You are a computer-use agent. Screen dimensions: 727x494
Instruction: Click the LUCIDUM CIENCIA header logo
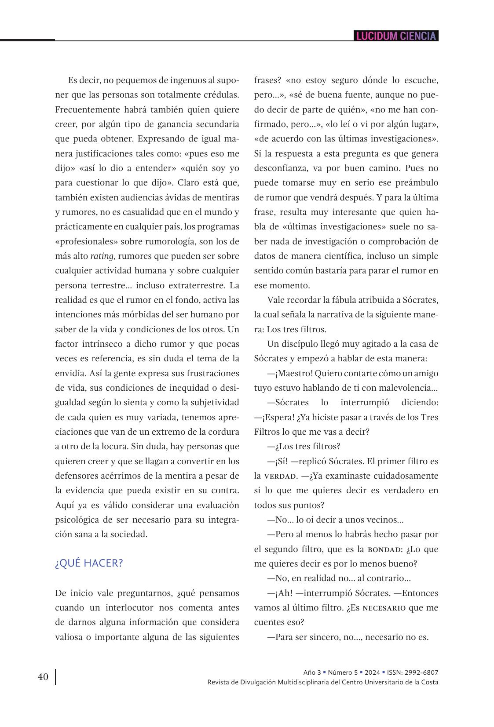[396, 36]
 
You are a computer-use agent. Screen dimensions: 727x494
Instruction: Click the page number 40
[43, 677]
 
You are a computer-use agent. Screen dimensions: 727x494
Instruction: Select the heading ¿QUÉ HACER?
[89, 563]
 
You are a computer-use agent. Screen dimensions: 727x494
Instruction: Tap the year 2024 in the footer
[372, 672]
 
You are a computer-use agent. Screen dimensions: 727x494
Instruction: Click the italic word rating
[102, 256]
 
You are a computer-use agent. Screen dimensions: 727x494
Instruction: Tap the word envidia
[70, 373]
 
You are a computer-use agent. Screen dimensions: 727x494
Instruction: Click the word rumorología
[177, 241]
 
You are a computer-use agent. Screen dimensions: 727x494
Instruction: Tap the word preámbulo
[414, 183]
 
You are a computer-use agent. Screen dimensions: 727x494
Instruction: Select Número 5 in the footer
[342, 672]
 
